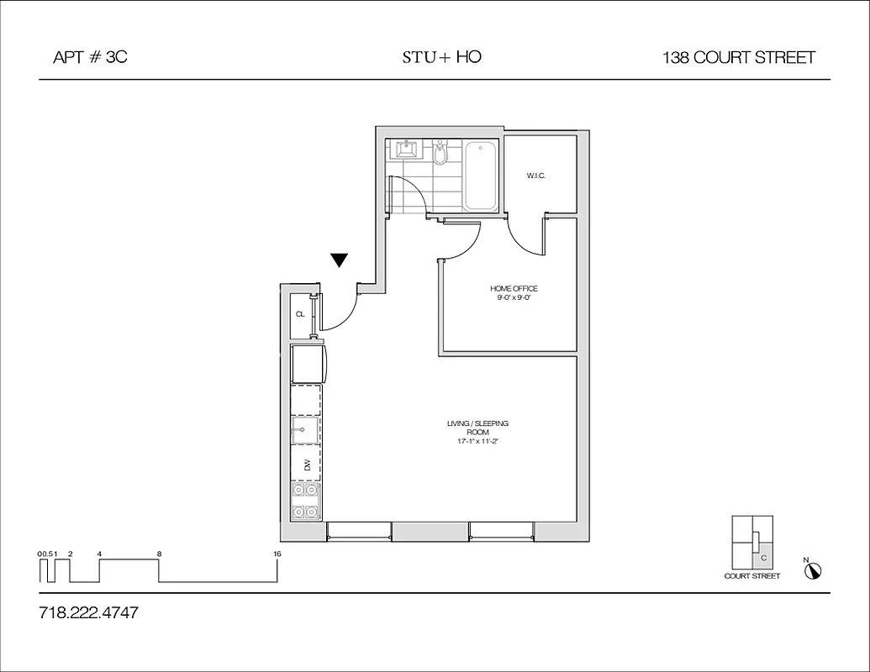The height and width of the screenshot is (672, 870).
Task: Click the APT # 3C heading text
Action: point(89,58)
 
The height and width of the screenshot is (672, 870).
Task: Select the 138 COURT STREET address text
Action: point(738,58)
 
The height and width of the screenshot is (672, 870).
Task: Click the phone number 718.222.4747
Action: point(88,613)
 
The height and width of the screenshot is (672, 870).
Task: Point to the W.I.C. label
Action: point(536,176)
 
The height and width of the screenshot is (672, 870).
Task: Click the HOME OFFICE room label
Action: point(514,289)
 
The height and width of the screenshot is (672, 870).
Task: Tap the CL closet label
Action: point(300,314)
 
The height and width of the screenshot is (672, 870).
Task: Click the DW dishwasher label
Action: point(308,463)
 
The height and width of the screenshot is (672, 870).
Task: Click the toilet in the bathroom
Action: point(440,155)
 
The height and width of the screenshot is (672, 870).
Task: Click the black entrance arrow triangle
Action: point(339,260)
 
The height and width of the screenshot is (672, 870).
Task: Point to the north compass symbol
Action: point(812,571)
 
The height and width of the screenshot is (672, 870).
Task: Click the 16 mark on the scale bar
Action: point(277,554)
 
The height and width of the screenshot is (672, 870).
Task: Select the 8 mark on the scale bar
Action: point(159,554)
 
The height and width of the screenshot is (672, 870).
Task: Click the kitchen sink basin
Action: point(304,433)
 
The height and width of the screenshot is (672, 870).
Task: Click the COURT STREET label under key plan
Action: point(751,576)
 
